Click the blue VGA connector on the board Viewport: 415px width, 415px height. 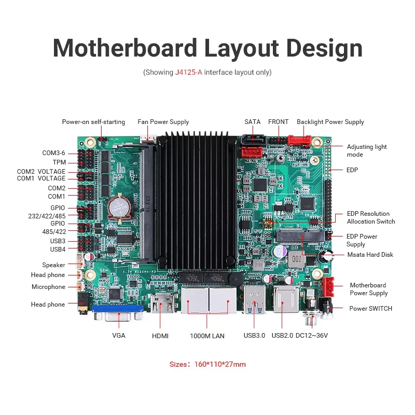(118, 313)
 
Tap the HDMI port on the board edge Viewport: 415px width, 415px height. (162, 303)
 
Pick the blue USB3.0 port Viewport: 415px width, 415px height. (254, 300)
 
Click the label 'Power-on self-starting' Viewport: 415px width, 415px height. (93, 122)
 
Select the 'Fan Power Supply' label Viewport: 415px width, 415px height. (163, 122)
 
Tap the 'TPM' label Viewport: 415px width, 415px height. (59, 162)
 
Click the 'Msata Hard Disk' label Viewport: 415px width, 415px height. (370, 255)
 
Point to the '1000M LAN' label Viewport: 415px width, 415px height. (207, 336)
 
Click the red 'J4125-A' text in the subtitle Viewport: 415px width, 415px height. (188, 73)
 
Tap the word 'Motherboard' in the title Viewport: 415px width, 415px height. (125, 48)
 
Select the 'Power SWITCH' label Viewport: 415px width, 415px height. (370, 309)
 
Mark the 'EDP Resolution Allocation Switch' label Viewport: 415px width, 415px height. (370, 217)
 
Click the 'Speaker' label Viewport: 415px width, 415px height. (54, 265)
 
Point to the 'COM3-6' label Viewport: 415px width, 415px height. (54, 153)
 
